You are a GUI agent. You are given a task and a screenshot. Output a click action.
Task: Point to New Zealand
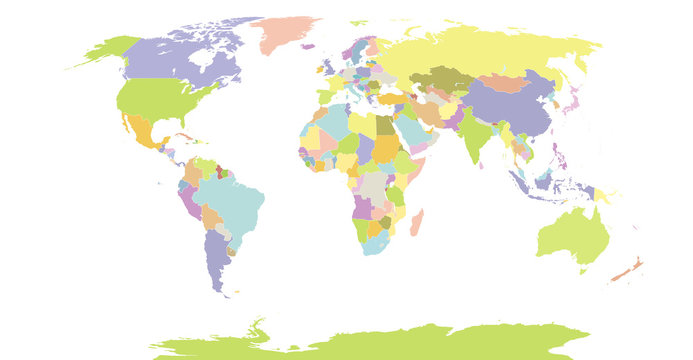628,269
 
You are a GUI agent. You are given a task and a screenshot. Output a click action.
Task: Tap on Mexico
141,131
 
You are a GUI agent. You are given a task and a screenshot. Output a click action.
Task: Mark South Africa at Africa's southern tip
374,241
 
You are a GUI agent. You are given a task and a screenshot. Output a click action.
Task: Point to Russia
480,50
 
